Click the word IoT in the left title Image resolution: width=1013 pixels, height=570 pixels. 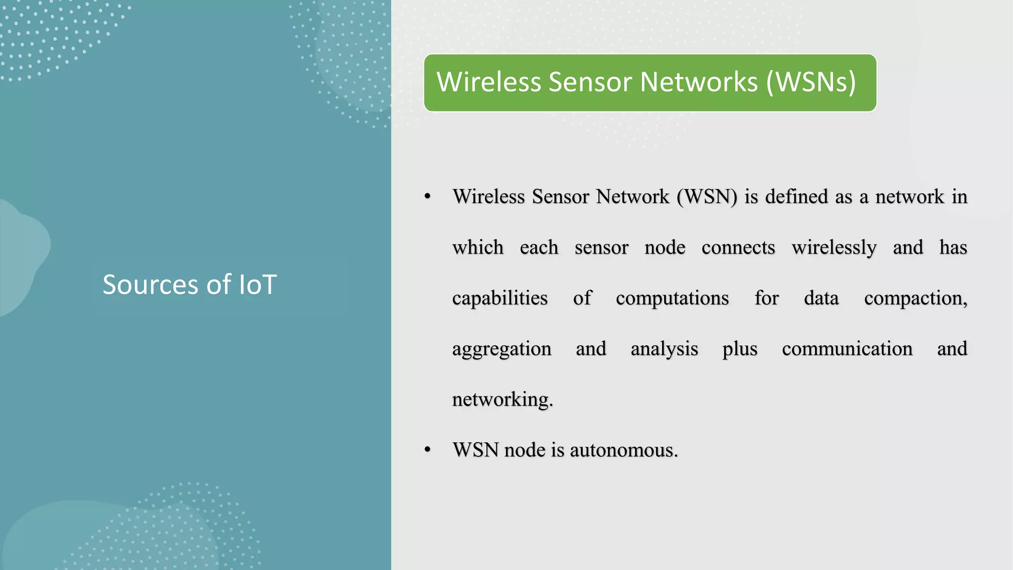point(258,285)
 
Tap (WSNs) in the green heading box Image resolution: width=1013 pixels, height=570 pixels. point(811,82)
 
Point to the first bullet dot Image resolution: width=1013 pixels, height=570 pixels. point(428,197)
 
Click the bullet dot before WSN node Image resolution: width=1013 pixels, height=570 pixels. point(428,450)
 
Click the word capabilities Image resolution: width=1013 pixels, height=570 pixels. point(500,298)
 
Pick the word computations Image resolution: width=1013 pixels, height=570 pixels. point(672,298)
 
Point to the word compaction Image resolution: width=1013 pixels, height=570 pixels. point(915,298)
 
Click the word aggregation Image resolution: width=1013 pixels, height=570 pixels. point(502,349)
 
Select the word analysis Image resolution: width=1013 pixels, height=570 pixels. point(664,349)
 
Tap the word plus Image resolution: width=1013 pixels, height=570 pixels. point(739,349)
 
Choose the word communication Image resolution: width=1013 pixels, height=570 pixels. point(847,349)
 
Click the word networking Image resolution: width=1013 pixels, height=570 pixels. point(502,400)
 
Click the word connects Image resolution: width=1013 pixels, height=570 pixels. point(738,247)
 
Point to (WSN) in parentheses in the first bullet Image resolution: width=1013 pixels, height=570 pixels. point(707,197)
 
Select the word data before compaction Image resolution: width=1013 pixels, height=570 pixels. point(821,298)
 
